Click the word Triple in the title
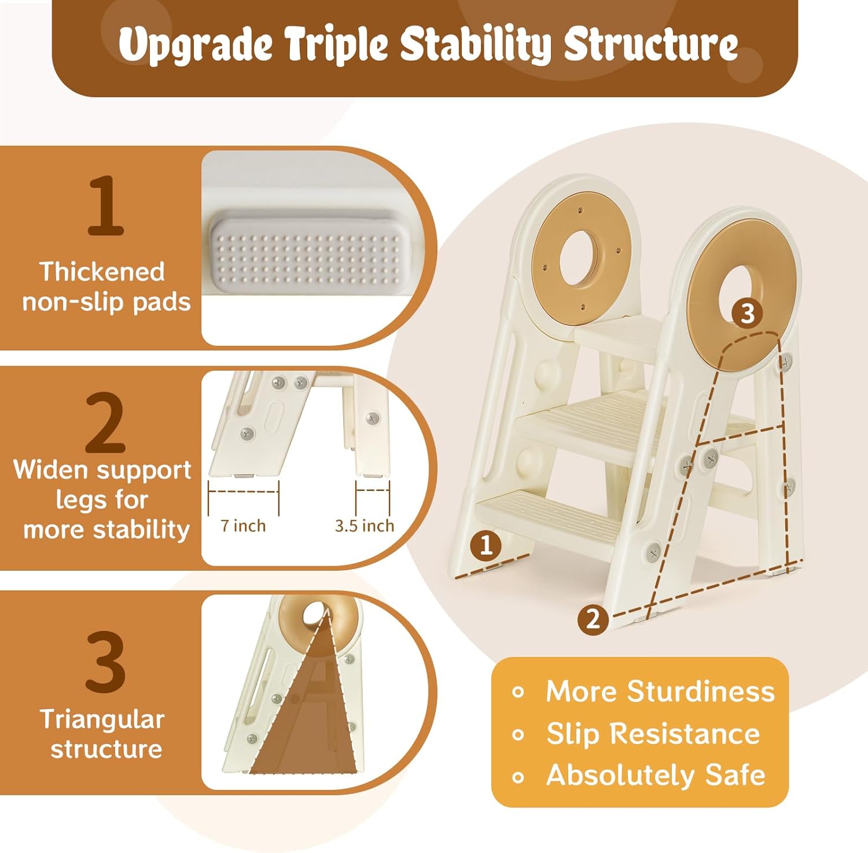pyautogui.click(x=335, y=44)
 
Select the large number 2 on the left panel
pyautogui.click(x=105, y=423)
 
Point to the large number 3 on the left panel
pyautogui.click(x=105, y=662)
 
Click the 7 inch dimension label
pyautogui.click(x=243, y=526)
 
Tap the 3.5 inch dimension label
pyautogui.click(x=364, y=526)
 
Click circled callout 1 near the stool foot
pyautogui.click(x=486, y=545)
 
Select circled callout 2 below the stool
pyautogui.click(x=593, y=619)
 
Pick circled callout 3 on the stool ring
pyautogui.click(x=747, y=313)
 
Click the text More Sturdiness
pyautogui.click(x=660, y=691)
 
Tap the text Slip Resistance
pyautogui.click(x=653, y=733)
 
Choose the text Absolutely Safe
pyautogui.click(x=656, y=775)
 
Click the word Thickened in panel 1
pyautogui.click(x=102, y=272)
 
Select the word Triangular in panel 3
pyautogui.click(x=102, y=719)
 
